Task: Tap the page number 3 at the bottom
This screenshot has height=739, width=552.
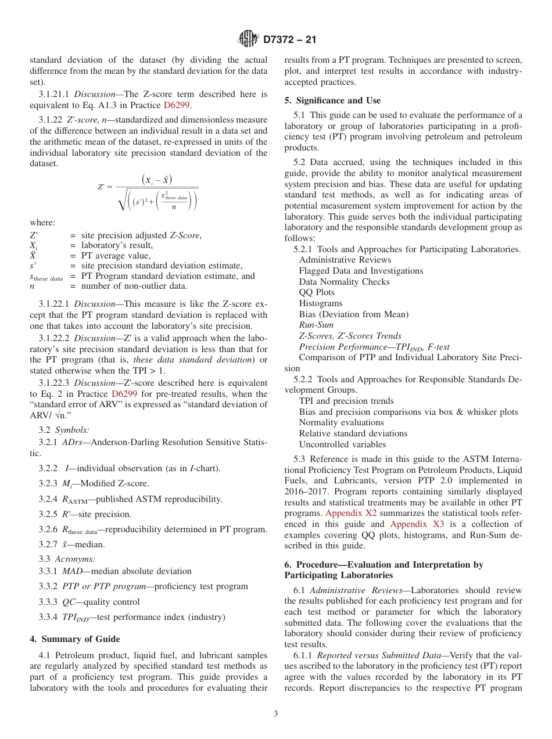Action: pyautogui.click(x=275, y=713)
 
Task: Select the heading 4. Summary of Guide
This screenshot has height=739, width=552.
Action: pyautogui.click(x=74, y=639)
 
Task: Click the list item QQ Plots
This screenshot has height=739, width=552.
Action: pyautogui.click(x=317, y=292)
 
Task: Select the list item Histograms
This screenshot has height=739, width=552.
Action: pyautogui.click(x=321, y=303)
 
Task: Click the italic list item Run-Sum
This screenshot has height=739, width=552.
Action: pyautogui.click(x=316, y=325)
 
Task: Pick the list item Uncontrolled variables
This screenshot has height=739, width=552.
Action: pyautogui.click(x=342, y=444)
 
